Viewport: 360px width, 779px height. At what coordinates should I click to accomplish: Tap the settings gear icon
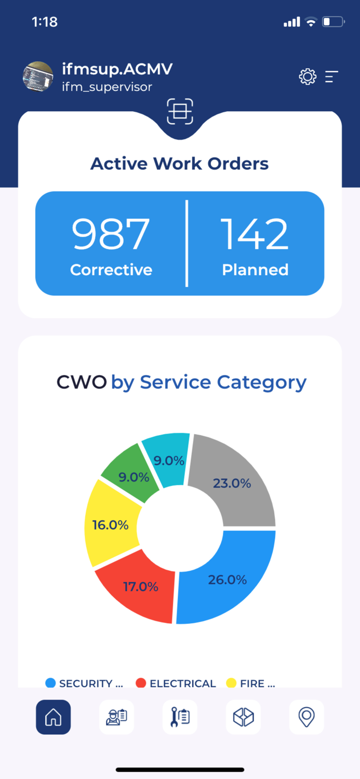tap(308, 77)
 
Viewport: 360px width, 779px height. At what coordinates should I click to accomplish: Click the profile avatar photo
tap(38, 77)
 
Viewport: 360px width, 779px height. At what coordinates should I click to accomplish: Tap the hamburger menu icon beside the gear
tap(332, 77)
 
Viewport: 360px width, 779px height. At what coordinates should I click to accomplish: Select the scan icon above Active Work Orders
tap(180, 111)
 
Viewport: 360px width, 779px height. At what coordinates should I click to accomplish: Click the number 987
tap(111, 234)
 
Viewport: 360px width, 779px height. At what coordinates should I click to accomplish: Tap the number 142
tap(255, 234)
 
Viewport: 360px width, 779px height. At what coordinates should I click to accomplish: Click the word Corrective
tap(111, 270)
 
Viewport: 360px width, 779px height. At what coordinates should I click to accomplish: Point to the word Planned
tap(255, 270)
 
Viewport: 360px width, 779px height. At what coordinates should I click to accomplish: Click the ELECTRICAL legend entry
tap(176, 683)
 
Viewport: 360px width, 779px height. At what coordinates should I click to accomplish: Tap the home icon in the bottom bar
tap(54, 717)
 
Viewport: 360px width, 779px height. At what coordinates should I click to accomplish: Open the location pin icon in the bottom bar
tap(306, 717)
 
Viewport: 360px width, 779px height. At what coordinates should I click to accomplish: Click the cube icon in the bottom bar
tap(243, 717)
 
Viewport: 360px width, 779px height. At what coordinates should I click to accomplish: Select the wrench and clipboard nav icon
tap(180, 717)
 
